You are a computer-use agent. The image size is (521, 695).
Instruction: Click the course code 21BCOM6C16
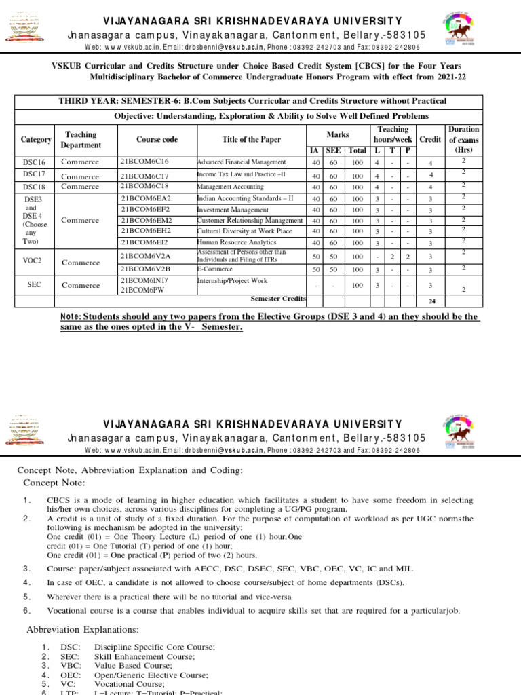(x=144, y=162)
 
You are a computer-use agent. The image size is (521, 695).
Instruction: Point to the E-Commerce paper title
(x=214, y=269)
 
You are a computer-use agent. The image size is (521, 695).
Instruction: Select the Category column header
(x=36, y=140)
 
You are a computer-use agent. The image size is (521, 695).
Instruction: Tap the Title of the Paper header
(x=251, y=140)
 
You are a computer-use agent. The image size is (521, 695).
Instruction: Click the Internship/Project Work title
(x=232, y=280)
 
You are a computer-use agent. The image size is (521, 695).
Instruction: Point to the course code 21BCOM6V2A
(x=145, y=255)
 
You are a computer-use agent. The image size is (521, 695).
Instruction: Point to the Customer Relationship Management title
(x=249, y=221)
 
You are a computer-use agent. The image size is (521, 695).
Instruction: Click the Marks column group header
(x=337, y=134)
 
